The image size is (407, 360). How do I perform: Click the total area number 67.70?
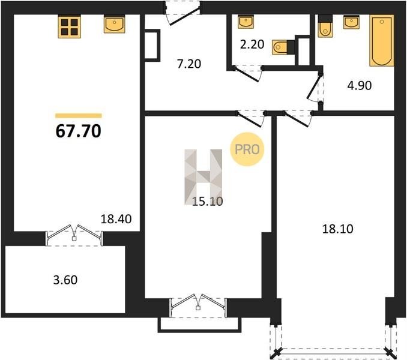[79, 131]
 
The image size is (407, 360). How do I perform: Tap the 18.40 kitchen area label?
[116, 219]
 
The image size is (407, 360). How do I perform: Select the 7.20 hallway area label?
[189, 64]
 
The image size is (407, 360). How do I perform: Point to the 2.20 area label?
[252, 44]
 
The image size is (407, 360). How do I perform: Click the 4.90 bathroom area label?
[360, 85]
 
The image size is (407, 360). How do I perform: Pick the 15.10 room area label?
[207, 201]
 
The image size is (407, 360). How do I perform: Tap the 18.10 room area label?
[337, 229]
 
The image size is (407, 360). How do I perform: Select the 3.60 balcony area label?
[65, 280]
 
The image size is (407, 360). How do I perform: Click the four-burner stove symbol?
[69, 27]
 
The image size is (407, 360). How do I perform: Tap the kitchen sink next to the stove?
[114, 24]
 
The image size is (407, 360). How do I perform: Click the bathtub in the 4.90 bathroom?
[382, 40]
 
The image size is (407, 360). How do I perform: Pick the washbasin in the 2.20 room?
[246, 22]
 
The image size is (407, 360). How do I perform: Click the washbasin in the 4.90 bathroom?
[351, 22]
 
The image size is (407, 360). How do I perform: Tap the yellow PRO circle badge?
[247, 149]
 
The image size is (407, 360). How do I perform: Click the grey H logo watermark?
[203, 177]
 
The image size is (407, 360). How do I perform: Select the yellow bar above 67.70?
[79, 116]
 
